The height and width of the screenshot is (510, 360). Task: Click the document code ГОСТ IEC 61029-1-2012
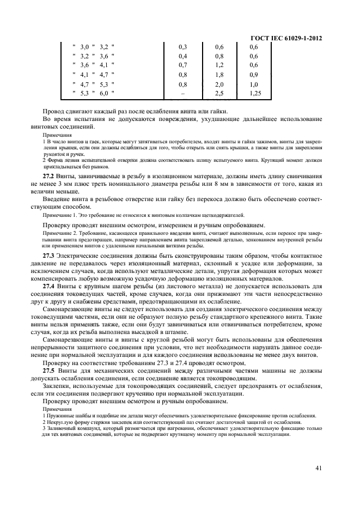tap(285, 38)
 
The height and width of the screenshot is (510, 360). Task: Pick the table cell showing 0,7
tap(182, 65)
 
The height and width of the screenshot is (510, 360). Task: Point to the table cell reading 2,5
tap(219, 94)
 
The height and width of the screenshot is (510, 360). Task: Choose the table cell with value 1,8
tap(219, 75)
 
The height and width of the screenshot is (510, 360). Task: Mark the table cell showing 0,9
tap(253, 75)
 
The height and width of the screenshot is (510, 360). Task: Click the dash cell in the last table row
tap(182, 94)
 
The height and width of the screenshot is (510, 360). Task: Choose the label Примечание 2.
tap(58, 233)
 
